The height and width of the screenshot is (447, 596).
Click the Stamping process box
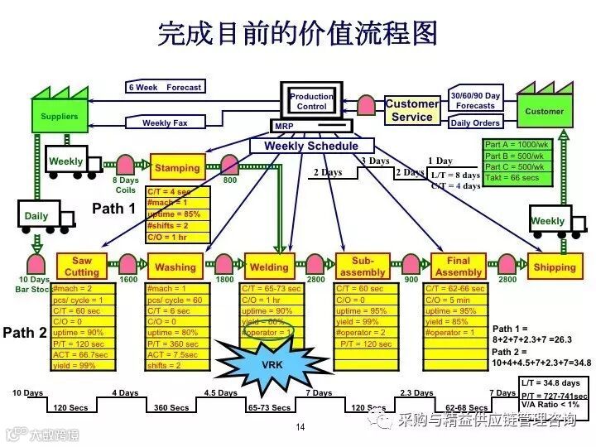(x=177, y=167)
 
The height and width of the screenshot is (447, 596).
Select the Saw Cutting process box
(x=81, y=267)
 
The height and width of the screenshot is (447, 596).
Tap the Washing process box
(x=175, y=267)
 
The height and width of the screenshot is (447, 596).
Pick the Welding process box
(x=269, y=267)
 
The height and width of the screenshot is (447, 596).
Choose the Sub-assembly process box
(x=363, y=267)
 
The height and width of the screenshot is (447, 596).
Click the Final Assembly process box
(x=458, y=267)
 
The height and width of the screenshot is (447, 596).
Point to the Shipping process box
(x=554, y=267)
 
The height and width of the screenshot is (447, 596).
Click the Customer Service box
(x=412, y=110)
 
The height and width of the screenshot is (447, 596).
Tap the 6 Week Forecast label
(x=165, y=87)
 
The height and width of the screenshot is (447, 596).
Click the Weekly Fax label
(x=165, y=123)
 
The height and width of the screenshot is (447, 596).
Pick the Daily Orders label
(x=475, y=123)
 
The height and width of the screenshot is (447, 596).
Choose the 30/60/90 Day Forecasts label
(x=475, y=100)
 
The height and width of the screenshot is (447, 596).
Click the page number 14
(x=300, y=427)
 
